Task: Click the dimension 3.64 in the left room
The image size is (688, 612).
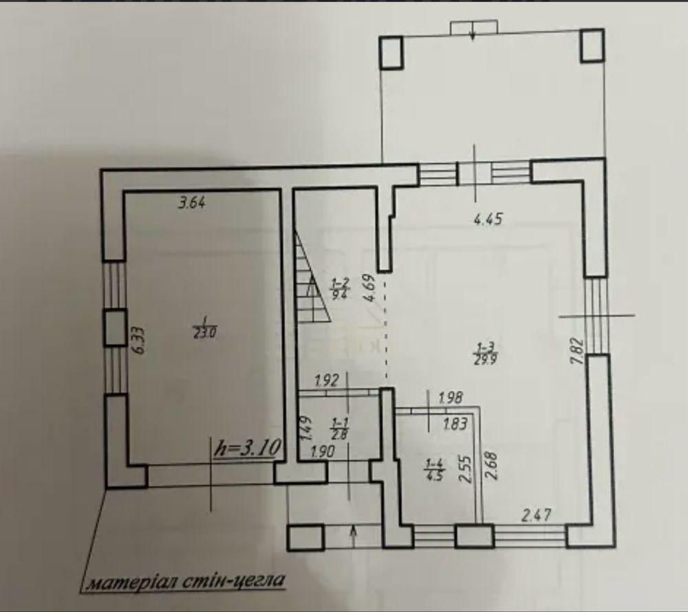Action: coord(192,203)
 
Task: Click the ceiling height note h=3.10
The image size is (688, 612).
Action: coord(247,449)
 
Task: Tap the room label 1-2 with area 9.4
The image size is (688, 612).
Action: coord(340,288)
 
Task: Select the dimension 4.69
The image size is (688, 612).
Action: coord(369,288)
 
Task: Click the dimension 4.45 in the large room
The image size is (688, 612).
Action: coord(488,218)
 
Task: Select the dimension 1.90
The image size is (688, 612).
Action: coord(323,452)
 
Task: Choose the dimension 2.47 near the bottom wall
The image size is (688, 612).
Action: coord(536,514)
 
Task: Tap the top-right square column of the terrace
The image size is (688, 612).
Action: coord(593,45)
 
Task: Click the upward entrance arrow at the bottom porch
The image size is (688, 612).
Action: coord(353,537)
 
